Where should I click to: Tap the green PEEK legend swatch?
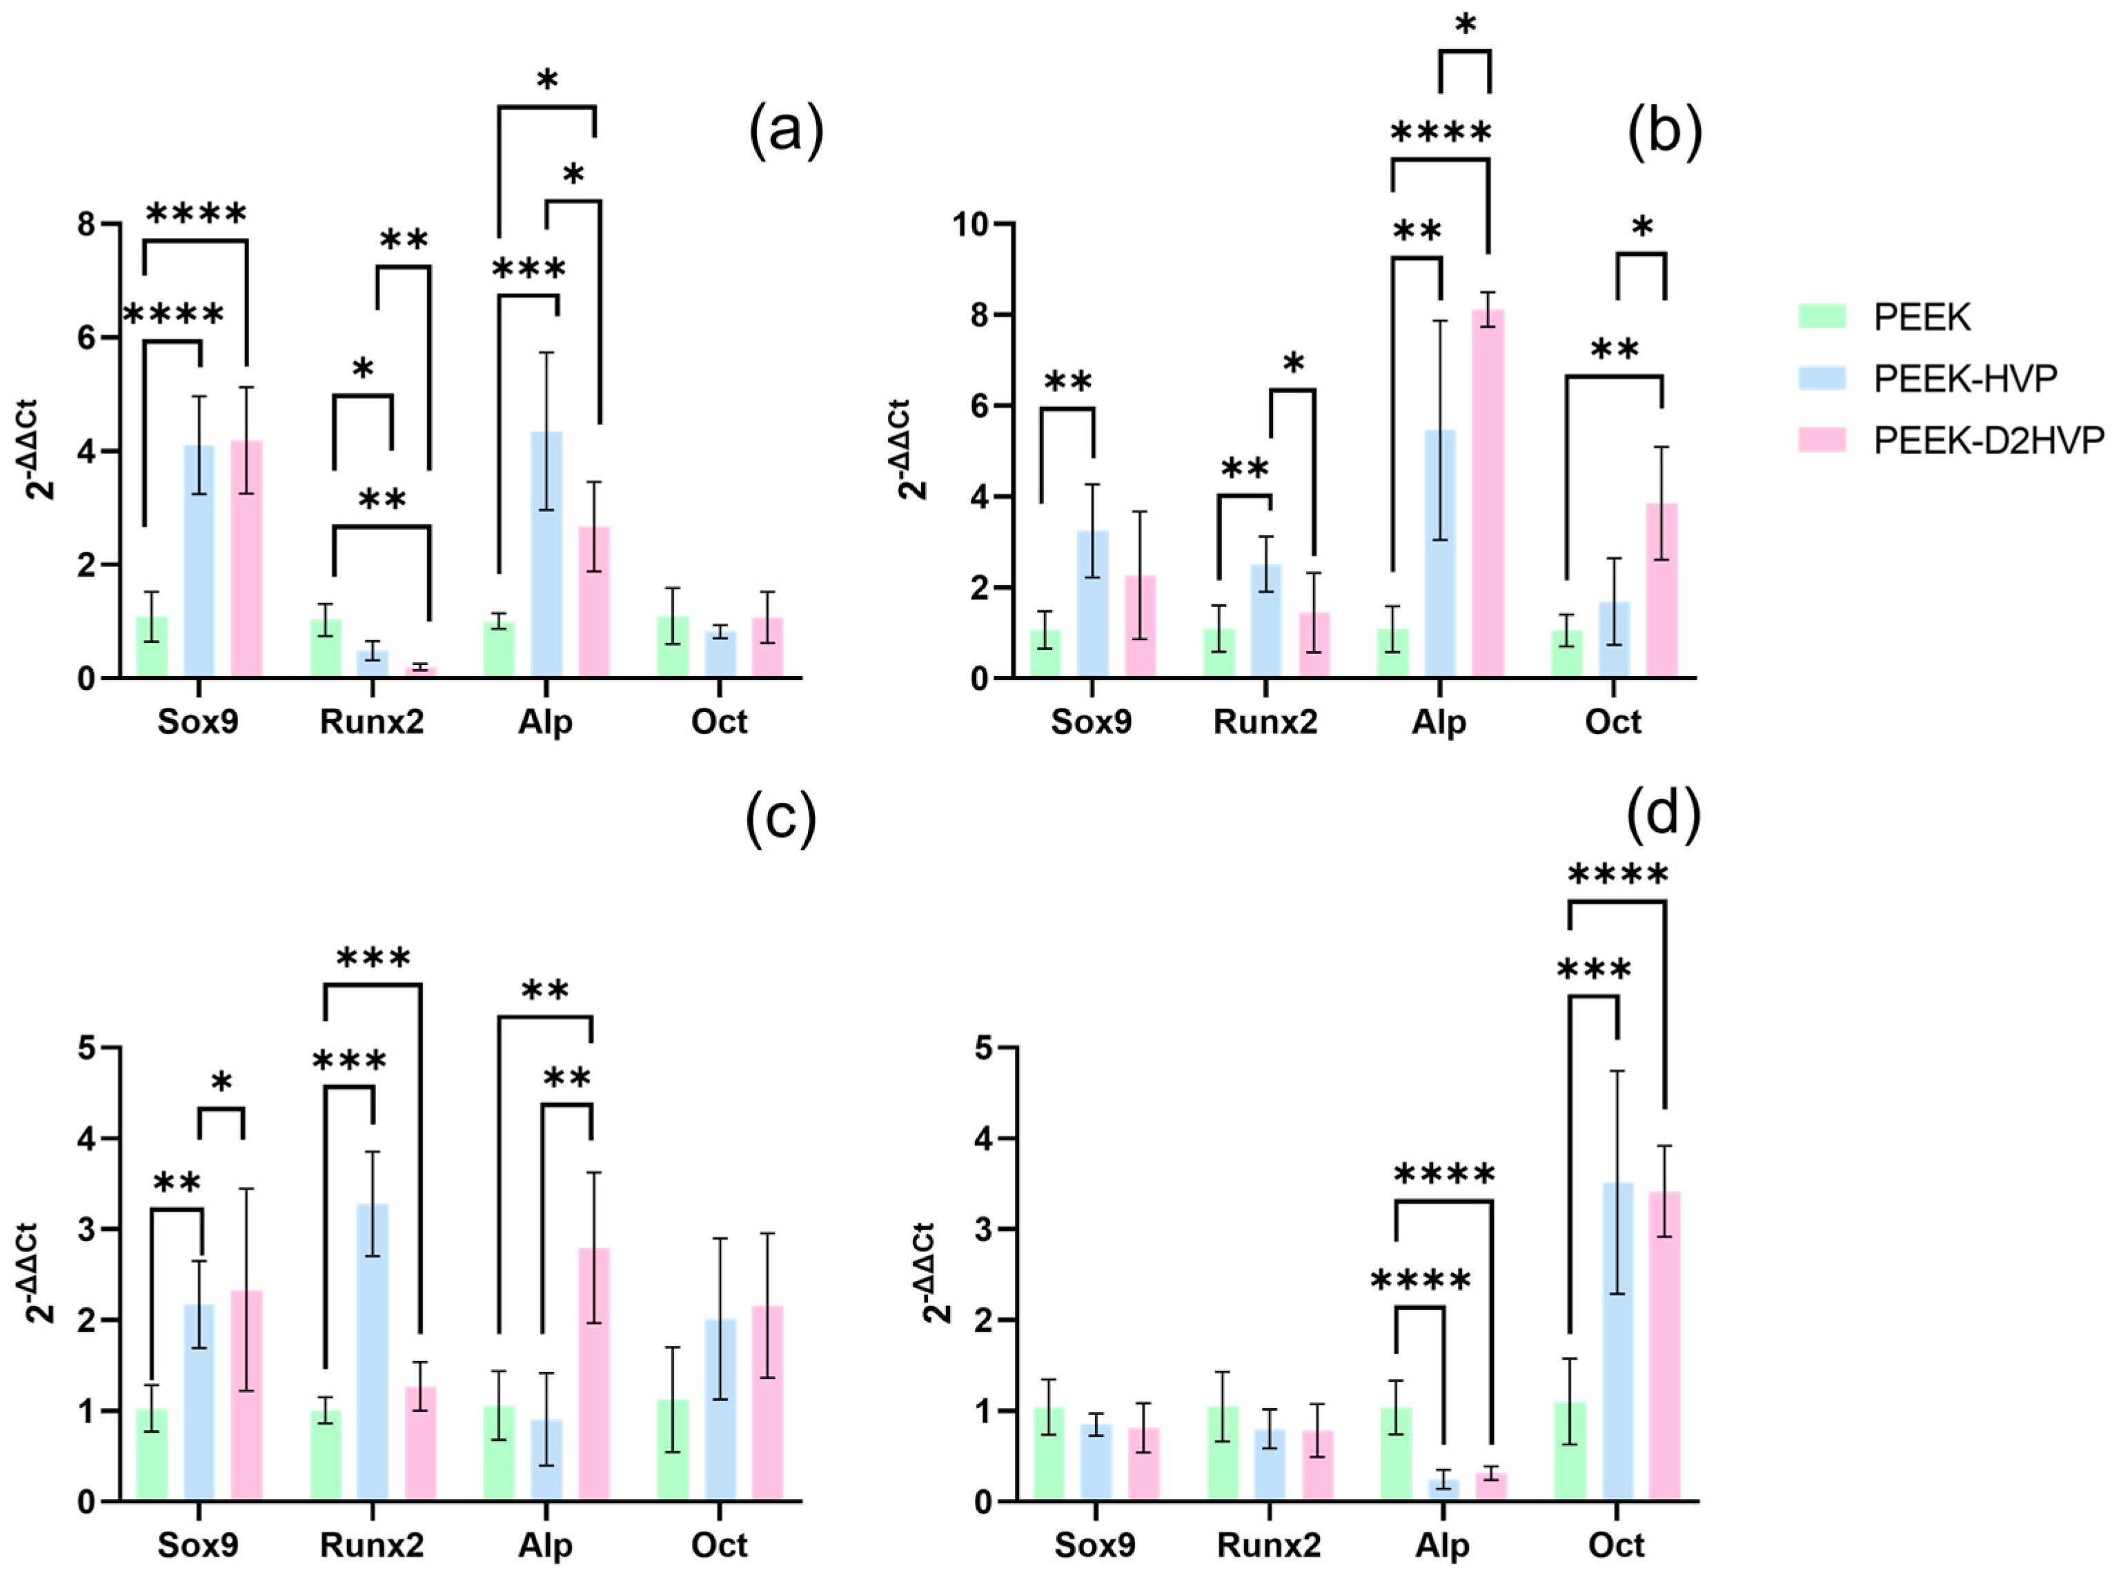(1822, 316)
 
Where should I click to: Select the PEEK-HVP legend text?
(1965, 378)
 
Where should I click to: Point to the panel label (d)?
(1664, 814)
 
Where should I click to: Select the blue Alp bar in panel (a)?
(546, 555)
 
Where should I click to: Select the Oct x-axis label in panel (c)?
(719, 1545)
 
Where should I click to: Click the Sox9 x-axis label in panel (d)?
(1095, 1545)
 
